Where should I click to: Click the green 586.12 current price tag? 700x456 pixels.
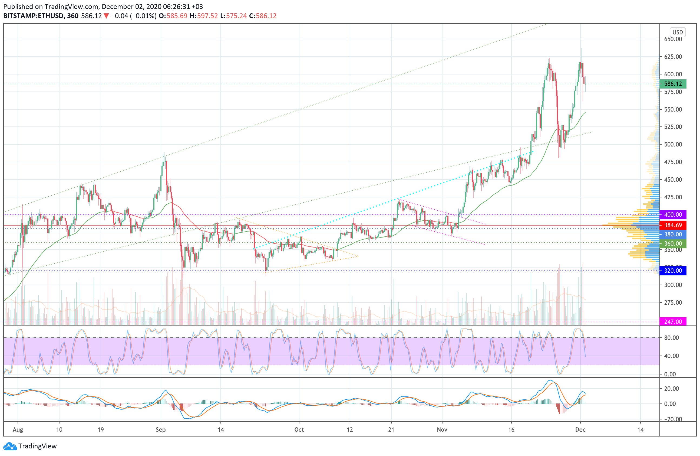click(673, 84)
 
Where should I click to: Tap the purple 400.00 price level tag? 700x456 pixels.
click(673, 215)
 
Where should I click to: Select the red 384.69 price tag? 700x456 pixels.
click(673, 225)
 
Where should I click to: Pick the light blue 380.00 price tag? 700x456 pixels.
click(673, 234)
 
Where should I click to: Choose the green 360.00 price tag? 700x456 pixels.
click(673, 243)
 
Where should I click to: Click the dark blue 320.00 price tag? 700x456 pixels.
click(673, 271)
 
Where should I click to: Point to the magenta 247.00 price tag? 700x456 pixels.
click(673, 322)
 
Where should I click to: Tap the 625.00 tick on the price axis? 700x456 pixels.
click(673, 57)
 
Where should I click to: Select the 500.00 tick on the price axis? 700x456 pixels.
click(673, 144)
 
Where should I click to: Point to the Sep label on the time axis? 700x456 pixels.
click(161, 429)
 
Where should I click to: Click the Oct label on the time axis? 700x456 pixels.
click(299, 429)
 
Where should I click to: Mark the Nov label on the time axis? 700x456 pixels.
click(442, 429)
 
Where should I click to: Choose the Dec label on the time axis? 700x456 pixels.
click(580, 429)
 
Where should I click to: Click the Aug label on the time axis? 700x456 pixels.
click(18, 429)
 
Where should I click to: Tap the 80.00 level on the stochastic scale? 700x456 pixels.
click(672, 338)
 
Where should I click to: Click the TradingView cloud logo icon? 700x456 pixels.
click(10, 446)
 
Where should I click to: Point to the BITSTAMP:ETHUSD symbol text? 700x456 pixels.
click(34, 16)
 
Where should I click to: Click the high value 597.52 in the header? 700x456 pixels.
click(207, 16)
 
